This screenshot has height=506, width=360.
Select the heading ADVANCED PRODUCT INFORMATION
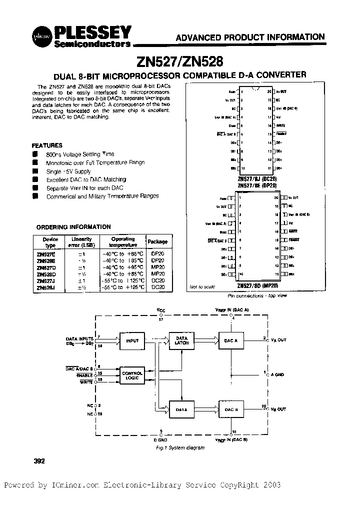click(x=250, y=37)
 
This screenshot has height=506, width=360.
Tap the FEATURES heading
click(x=47, y=145)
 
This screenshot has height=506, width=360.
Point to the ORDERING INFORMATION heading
click(x=73, y=226)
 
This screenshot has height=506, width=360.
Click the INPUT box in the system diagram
click(x=132, y=341)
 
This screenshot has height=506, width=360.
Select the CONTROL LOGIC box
click(x=132, y=375)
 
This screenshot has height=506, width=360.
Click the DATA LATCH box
click(x=180, y=341)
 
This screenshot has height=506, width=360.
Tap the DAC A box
click(x=231, y=341)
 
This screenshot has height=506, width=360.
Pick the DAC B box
click(x=231, y=409)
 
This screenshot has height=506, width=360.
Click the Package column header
click(x=157, y=241)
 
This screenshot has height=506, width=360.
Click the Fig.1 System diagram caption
click(x=179, y=447)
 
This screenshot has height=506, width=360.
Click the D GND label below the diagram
click(x=161, y=439)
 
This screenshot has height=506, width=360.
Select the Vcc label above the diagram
click(x=160, y=310)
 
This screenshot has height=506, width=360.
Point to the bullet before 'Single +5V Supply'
click(x=35, y=171)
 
